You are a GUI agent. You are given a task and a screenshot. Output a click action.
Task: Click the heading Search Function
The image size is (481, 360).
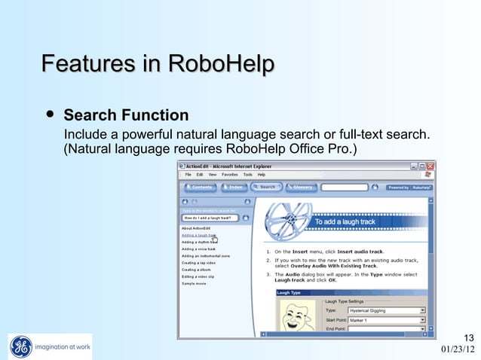(x=126, y=116)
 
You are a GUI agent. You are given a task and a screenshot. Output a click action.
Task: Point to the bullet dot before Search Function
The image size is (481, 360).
(x=50, y=115)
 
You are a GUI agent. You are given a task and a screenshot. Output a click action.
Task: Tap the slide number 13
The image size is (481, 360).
(x=468, y=337)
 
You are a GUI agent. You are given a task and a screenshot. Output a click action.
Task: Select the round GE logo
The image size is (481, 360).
(x=21, y=346)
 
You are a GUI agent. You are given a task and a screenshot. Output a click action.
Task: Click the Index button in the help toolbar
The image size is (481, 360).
(x=234, y=187)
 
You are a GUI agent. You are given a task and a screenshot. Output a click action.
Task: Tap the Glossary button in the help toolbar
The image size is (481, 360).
(x=301, y=187)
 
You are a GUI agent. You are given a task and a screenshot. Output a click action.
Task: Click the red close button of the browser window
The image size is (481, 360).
(x=431, y=165)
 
